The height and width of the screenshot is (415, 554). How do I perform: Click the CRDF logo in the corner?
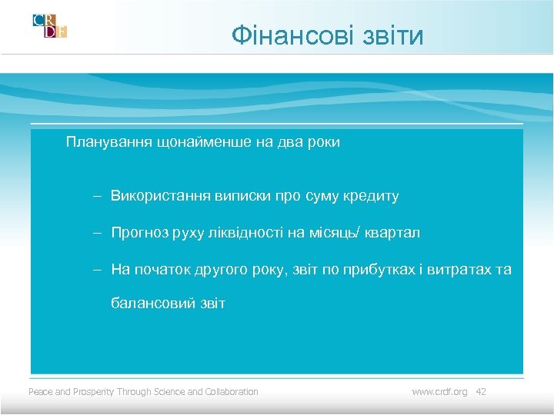coord(50,25)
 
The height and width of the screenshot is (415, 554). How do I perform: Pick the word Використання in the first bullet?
coord(158,196)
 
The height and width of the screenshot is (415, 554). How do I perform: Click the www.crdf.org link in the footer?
coord(439,392)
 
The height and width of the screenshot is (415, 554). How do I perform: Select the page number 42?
coord(481,392)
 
